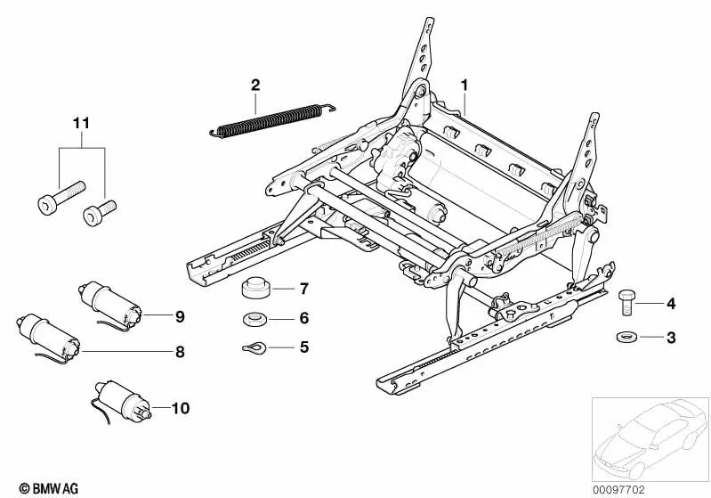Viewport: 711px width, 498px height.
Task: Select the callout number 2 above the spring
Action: [x=255, y=86]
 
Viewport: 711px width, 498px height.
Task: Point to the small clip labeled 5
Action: [x=254, y=347]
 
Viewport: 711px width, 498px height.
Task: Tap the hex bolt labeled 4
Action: [x=626, y=303]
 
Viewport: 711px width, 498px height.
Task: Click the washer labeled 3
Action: [x=624, y=337]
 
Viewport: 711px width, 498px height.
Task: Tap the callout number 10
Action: [x=181, y=409]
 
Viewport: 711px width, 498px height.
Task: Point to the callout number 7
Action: [x=303, y=290]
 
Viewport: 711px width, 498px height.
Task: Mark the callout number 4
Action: [x=670, y=305]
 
